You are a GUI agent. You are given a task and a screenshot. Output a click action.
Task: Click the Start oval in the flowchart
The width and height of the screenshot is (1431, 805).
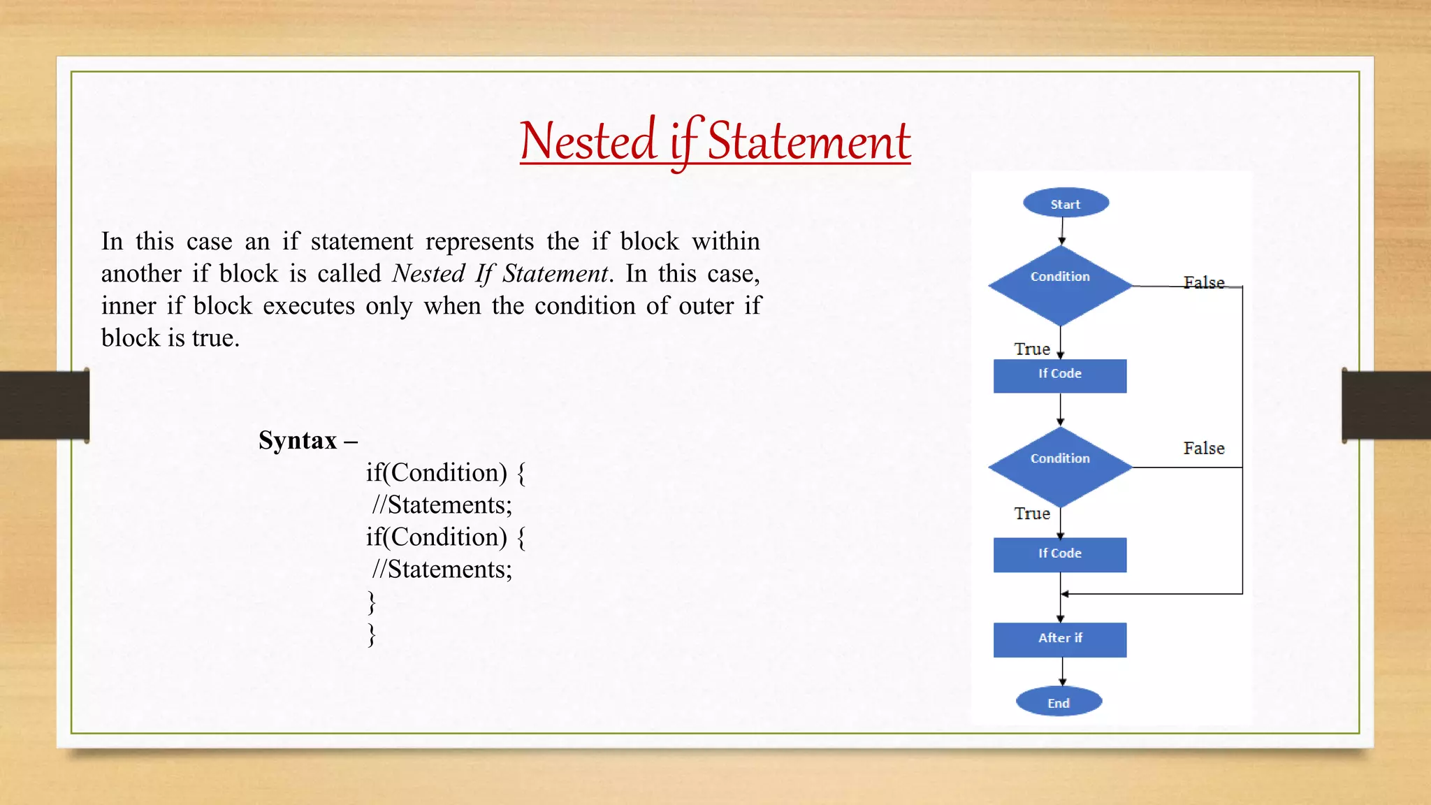click(x=1066, y=203)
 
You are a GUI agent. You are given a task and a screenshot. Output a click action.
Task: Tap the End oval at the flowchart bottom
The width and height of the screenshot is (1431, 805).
click(x=1059, y=702)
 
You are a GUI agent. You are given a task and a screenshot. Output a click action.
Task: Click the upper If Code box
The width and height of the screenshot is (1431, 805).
click(x=1060, y=376)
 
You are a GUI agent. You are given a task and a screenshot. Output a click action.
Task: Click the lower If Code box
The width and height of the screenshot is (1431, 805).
click(x=1060, y=555)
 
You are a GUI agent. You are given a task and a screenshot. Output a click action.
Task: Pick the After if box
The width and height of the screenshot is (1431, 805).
click(x=1060, y=639)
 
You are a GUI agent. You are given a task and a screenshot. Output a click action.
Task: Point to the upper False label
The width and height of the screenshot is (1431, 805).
click(x=1204, y=282)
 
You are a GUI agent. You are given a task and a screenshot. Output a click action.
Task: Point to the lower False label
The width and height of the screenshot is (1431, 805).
click(x=1204, y=448)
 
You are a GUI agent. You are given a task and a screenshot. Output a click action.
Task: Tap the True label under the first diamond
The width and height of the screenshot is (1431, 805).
click(x=1032, y=349)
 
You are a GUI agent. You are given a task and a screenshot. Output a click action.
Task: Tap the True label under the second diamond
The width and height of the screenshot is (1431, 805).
click(x=1032, y=514)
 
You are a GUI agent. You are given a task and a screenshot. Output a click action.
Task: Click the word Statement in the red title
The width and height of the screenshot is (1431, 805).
click(x=809, y=141)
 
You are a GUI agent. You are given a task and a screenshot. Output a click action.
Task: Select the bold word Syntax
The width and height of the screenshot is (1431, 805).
click(x=298, y=440)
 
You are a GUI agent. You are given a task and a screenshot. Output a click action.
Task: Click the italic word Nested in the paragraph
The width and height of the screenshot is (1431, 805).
click(x=428, y=273)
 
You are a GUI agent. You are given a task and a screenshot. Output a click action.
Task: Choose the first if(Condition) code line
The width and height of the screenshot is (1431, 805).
click(x=445, y=473)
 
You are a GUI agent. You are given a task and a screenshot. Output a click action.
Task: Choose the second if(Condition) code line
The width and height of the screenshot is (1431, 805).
click(x=445, y=537)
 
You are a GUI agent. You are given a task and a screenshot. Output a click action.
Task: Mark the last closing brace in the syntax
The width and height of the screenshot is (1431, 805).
click(x=372, y=634)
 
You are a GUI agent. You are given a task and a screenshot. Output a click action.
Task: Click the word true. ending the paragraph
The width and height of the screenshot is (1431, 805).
click(x=216, y=338)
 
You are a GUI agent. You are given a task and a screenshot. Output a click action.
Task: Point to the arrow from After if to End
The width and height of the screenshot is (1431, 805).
click(x=1062, y=672)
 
